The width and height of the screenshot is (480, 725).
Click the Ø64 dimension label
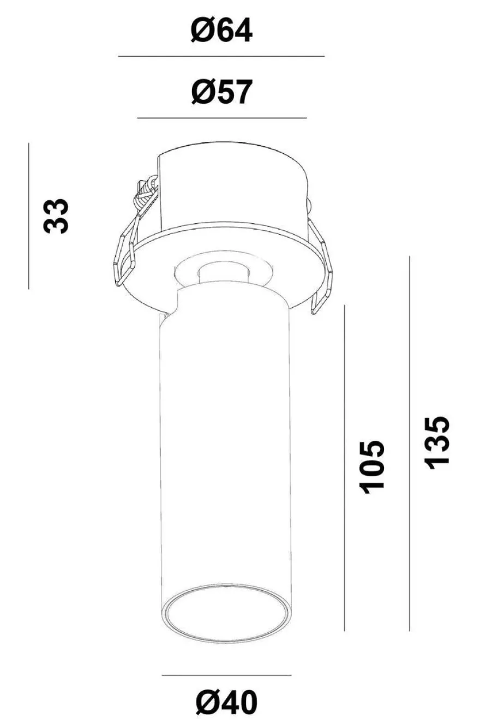pyautogui.click(x=221, y=30)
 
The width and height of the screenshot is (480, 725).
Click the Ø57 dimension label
pyautogui.click(x=221, y=92)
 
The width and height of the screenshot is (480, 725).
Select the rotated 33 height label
pyautogui.click(x=56, y=216)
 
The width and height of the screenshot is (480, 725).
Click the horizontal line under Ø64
pyautogui.click(x=221, y=56)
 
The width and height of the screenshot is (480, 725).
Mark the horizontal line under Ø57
pyautogui.click(x=222, y=118)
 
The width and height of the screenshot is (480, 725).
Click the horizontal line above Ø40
pyautogui.click(x=226, y=675)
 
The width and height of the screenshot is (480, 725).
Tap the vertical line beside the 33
pyautogui.click(x=28, y=216)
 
